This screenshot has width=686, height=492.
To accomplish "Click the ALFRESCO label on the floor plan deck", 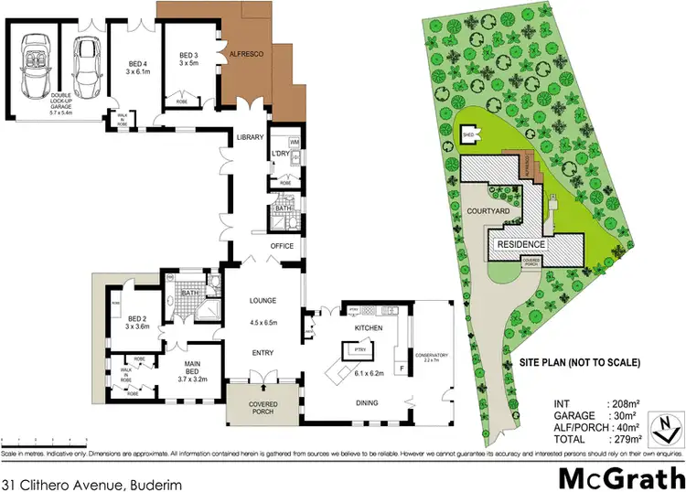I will click(246, 56).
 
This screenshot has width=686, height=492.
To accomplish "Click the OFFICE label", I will click(280, 246).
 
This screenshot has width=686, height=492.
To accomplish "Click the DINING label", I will click(369, 400).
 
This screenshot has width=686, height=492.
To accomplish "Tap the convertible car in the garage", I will click(33, 64).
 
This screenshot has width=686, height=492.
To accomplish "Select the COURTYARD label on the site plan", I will click(488, 210).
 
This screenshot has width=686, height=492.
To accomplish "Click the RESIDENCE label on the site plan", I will click(521, 244).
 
